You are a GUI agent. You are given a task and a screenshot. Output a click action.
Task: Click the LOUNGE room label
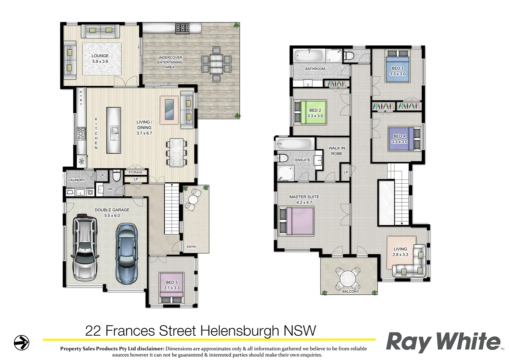click(100, 56)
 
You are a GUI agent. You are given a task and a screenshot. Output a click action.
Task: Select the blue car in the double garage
click(127, 253)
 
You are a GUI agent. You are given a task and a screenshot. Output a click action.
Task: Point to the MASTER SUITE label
click(304, 197)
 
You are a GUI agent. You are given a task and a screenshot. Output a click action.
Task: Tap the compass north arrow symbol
click(22, 342)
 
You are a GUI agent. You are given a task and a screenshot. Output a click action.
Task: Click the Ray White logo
click(443, 342)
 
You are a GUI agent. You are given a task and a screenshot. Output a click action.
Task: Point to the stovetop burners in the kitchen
click(81, 133)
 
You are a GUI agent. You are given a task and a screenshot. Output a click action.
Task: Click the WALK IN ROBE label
click(337, 151)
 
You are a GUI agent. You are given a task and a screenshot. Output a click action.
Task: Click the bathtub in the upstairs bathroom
click(308, 55)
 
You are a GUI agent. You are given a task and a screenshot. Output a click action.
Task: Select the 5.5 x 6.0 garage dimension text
click(112, 216)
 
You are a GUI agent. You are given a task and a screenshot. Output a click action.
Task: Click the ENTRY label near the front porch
click(192, 247)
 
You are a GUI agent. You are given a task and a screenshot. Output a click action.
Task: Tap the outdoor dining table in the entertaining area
click(216, 64)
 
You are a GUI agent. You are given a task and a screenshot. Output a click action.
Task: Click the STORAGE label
click(135, 172)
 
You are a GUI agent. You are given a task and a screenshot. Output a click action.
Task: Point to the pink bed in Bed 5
click(172, 285)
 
